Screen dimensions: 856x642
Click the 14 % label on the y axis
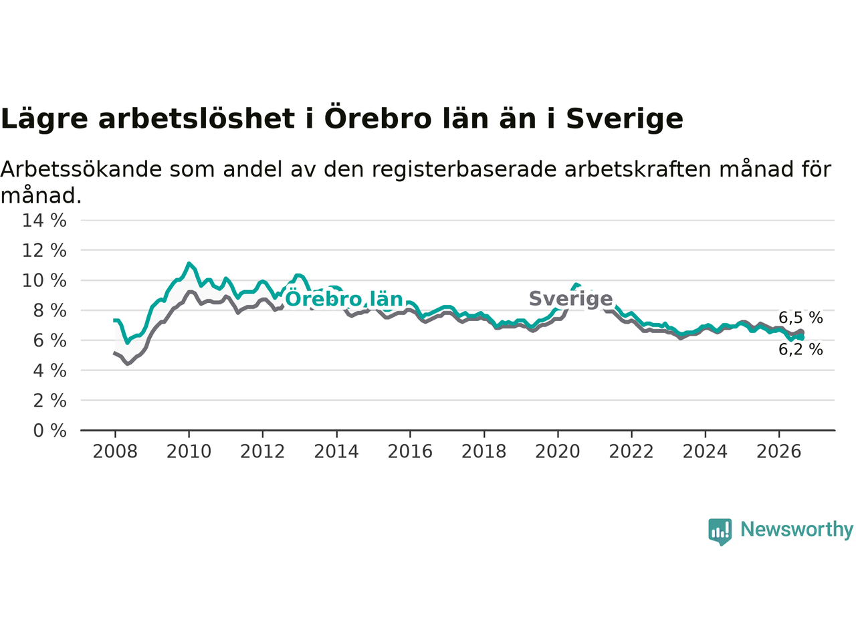(44, 221)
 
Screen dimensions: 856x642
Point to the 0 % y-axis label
(49, 431)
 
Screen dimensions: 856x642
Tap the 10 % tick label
(44, 281)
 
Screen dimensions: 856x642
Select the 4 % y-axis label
(49, 370)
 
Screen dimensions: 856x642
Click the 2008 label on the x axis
(115, 452)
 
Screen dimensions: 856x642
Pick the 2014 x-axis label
(336, 452)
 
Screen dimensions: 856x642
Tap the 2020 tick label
(558, 452)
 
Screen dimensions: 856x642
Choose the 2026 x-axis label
(779, 452)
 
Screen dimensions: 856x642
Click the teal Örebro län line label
(344, 299)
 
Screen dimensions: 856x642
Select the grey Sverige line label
(571, 299)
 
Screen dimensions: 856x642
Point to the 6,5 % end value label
(800, 318)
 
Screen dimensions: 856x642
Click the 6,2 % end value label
(800, 350)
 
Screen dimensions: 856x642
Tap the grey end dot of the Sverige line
(801, 332)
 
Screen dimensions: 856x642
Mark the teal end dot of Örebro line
(801, 338)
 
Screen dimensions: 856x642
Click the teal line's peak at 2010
(189, 264)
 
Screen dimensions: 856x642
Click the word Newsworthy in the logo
(797, 530)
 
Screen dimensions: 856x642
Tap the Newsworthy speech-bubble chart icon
(720, 532)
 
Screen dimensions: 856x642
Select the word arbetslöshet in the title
(197, 119)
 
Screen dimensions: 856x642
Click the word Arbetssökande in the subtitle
(81, 170)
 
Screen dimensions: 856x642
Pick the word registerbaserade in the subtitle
(463, 171)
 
